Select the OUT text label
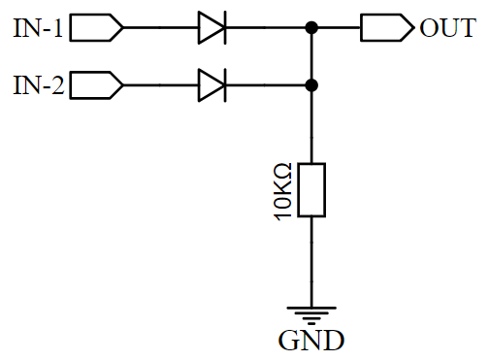[447, 28]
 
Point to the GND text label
[310, 341]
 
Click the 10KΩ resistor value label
[282, 191]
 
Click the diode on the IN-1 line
[212, 28]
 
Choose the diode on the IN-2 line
[212, 86]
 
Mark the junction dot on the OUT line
[310, 28]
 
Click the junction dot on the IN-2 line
[310, 86]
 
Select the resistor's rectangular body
[310, 190]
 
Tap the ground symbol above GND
[310, 312]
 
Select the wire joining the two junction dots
[310, 57]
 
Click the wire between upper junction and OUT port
[337, 28]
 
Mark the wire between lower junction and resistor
[310, 126]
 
